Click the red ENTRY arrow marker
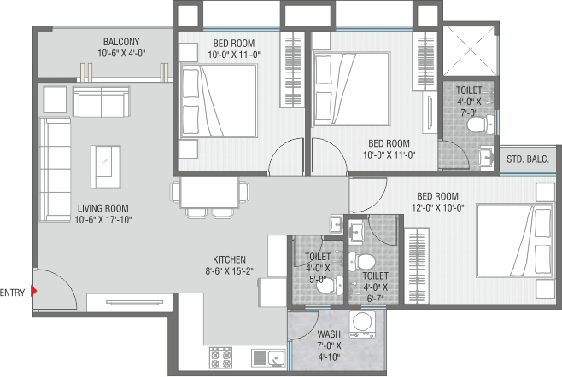click(33, 291)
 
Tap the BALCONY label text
click(121, 42)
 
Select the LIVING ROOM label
click(103, 208)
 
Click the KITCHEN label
click(229, 259)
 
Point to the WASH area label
click(329, 334)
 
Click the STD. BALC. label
click(528, 159)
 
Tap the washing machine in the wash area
click(363, 324)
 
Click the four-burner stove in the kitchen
click(220, 357)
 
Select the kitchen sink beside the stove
click(268, 358)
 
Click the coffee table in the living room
click(105, 167)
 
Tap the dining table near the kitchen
click(209, 192)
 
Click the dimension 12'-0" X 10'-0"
click(437, 207)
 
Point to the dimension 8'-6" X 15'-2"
click(229, 271)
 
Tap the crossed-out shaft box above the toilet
click(470, 50)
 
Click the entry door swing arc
click(64, 281)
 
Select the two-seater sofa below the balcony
click(102, 101)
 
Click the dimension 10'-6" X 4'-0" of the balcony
click(121, 54)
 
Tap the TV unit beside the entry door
click(129, 303)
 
